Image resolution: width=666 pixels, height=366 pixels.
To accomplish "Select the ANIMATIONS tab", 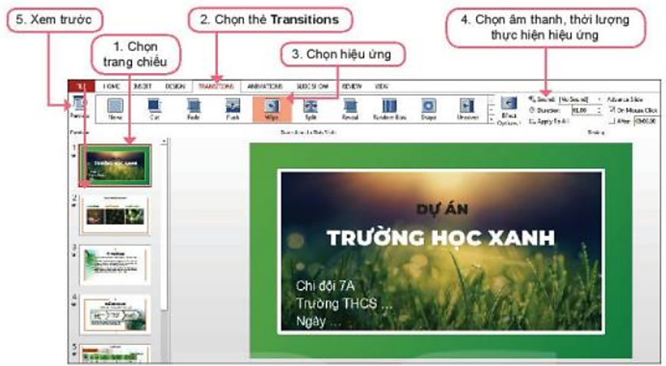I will pos(265,85).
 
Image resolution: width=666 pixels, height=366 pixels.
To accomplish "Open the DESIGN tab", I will pos(174,85).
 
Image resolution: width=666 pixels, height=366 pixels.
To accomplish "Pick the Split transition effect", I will pos(310,108).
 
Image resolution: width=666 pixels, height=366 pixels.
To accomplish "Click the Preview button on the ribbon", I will pos(79,108).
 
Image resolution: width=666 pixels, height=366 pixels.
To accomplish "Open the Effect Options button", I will pos(509,110).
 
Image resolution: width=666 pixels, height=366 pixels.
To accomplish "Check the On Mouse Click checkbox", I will pos(611,111).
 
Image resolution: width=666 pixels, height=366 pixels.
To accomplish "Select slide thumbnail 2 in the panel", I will pos(115,215).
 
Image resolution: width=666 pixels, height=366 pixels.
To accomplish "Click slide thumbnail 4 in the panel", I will pos(115,314).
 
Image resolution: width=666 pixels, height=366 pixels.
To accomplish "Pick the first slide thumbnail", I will pos(115,166).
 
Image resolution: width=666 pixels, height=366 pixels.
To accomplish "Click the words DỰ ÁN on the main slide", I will pos(440,208).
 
